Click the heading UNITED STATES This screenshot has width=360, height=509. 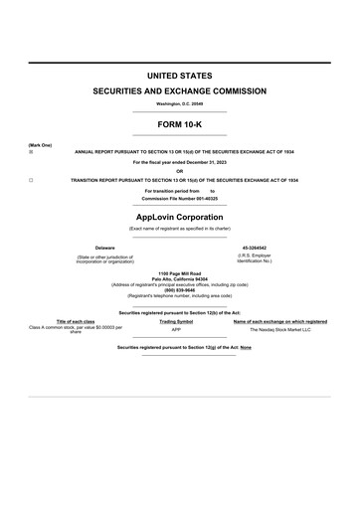180,76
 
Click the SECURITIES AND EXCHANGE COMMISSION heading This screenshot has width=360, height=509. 180,91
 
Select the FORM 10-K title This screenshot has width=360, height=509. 180,123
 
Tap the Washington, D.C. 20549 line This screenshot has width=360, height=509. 180,103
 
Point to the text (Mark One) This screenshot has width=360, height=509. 40,145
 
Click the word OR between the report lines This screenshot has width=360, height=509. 180,170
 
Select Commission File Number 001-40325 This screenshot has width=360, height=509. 180,199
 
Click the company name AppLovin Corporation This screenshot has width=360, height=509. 180,216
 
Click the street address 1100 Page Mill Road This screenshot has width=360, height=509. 180,272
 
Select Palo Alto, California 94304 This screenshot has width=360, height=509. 180,278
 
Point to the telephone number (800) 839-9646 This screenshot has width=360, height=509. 180,289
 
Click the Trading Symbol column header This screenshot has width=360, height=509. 176,321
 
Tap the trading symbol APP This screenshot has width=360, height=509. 176,328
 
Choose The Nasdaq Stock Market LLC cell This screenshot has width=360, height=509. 279,328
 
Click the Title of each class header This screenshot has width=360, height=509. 76,321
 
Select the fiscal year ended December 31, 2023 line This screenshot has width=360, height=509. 180,161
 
